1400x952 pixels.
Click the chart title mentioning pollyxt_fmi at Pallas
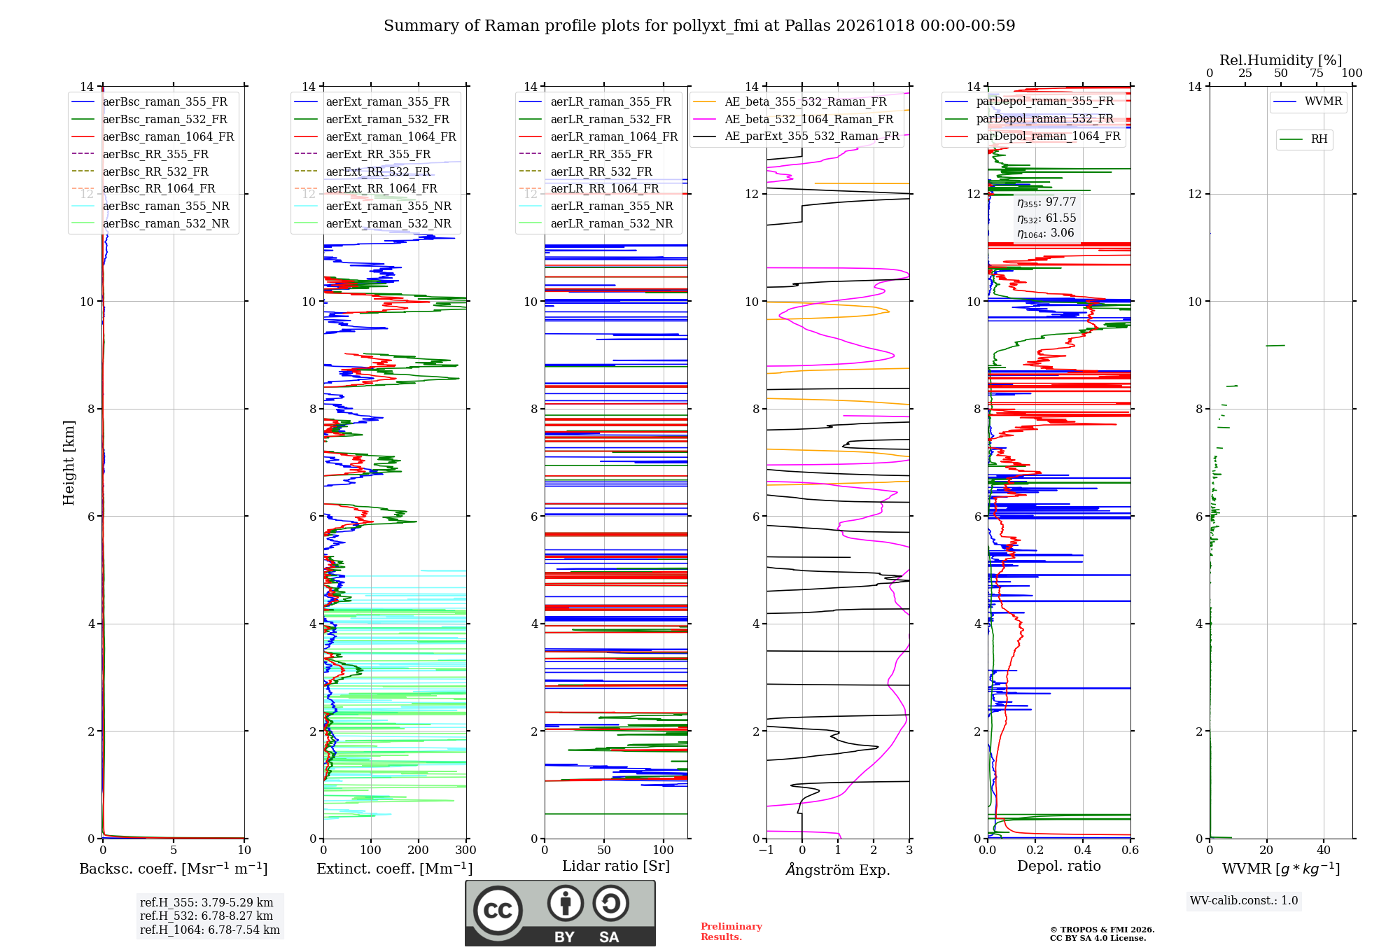(x=699, y=26)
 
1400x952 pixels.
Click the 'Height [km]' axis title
(x=69, y=463)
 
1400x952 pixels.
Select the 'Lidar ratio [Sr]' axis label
(x=616, y=866)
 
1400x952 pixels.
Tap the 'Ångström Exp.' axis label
(x=838, y=869)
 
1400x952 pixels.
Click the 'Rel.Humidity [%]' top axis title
(x=1281, y=60)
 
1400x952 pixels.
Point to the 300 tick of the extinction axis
(x=465, y=850)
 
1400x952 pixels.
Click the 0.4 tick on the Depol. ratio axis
(x=1083, y=850)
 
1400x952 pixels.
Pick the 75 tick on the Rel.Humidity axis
(x=1317, y=73)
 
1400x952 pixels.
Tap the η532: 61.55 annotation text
(x=1046, y=218)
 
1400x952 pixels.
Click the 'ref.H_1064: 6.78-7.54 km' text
(x=210, y=930)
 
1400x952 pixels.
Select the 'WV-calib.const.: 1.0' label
(x=1244, y=900)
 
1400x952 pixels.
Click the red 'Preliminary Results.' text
(x=731, y=932)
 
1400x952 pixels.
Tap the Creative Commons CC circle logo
(x=498, y=911)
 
